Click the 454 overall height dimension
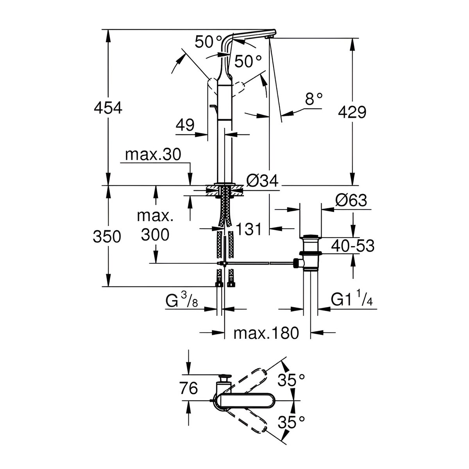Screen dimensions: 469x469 (x=108, y=108)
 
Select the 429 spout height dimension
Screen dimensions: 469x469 (x=352, y=112)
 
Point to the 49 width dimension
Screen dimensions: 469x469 (x=185, y=125)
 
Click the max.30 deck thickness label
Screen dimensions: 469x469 (x=153, y=155)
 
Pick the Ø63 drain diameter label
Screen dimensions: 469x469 (x=351, y=200)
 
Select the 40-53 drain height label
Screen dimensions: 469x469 (x=353, y=246)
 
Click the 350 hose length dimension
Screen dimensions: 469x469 (x=107, y=236)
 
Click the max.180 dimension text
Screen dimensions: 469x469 (x=266, y=333)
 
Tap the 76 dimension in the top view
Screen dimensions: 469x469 (x=189, y=388)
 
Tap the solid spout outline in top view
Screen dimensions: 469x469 (x=246, y=401)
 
